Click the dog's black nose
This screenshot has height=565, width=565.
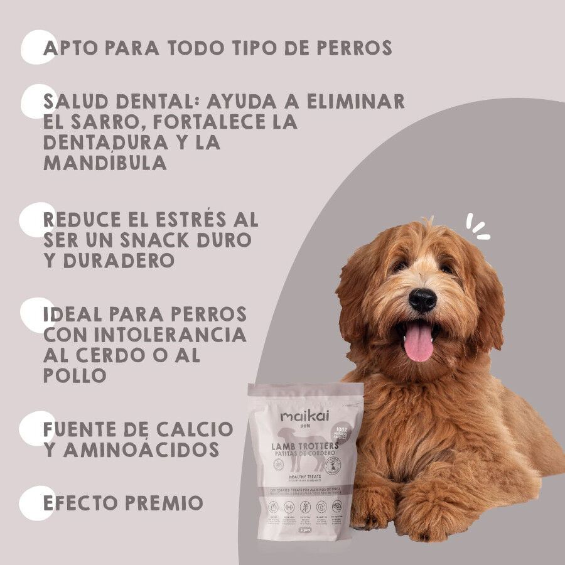[x=422, y=299]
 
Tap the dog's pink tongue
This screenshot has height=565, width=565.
[x=418, y=342]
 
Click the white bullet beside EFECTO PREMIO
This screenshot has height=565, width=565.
[x=36, y=503]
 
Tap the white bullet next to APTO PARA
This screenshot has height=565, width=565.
[x=38, y=47]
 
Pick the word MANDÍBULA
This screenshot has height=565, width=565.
[x=105, y=162]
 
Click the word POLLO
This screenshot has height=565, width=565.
[x=75, y=375]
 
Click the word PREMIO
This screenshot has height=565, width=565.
[x=164, y=503]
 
